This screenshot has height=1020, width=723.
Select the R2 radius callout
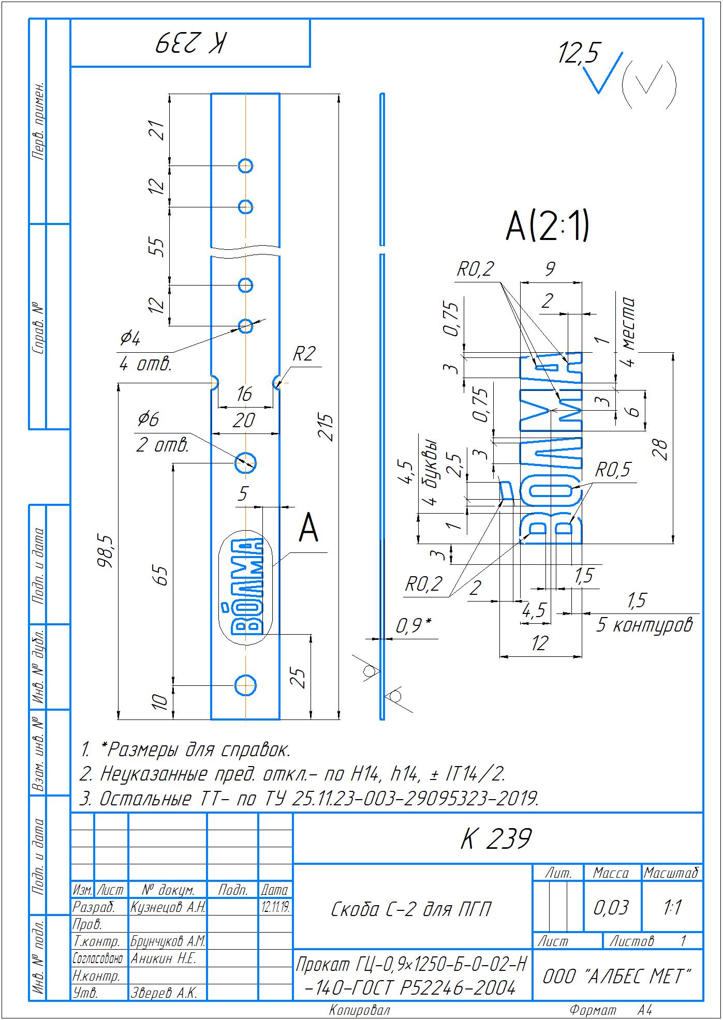click(x=304, y=355)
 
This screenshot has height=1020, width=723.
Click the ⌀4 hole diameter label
click(x=130, y=339)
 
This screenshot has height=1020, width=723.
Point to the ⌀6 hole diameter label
click(x=147, y=419)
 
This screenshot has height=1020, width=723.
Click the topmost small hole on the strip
click(x=245, y=166)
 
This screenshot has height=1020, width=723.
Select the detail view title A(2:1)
click(x=547, y=227)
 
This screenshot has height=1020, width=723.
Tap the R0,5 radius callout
click(x=613, y=470)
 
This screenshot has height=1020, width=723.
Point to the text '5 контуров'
click(x=644, y=625)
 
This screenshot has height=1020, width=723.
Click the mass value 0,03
click(x=611, y=908)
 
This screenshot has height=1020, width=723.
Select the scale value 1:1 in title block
click(x=672, y=907)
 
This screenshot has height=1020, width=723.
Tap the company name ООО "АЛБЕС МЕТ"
click(x=617, y=977)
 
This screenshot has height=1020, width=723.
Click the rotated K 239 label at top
click(x=190, y=43)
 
